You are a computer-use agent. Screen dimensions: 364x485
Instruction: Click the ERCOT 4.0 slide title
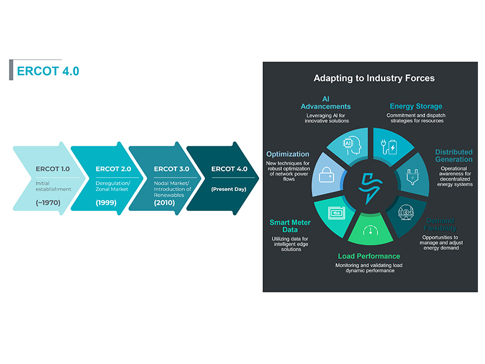48,71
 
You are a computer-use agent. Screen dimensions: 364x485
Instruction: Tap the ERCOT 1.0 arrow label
52,169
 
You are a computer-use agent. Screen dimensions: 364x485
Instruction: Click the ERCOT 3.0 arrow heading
170,169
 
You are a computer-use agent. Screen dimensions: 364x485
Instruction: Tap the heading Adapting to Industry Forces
373,78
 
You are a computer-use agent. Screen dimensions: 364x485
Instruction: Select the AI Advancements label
325,102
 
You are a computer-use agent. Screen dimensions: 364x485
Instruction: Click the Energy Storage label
416,106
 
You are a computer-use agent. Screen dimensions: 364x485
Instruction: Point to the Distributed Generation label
453,156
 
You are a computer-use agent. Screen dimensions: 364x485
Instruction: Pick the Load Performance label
369,256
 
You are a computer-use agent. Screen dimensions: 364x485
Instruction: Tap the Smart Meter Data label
290,226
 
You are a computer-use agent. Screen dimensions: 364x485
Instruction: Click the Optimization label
288,154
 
